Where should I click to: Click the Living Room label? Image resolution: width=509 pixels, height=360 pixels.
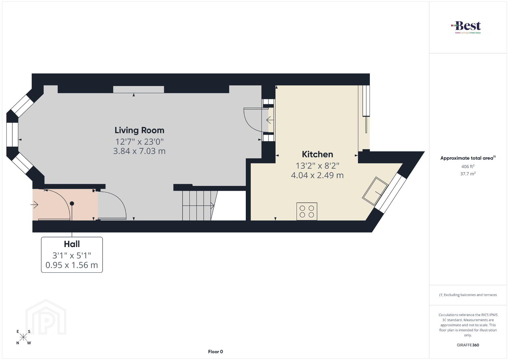139,130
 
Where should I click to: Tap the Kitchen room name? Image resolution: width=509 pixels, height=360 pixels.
318,154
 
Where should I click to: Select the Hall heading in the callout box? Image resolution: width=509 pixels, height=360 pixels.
72,244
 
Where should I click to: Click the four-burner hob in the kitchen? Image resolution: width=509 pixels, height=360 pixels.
307,211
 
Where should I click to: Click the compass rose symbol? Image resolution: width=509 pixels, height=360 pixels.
23,337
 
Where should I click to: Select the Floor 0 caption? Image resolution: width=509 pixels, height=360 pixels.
215,352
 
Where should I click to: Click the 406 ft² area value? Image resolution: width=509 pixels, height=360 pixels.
468,166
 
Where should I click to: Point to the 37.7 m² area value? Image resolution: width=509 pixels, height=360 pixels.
468,174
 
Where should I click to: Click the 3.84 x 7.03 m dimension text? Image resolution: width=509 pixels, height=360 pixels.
139,151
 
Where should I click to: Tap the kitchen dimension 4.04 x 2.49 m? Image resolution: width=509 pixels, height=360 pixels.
317,175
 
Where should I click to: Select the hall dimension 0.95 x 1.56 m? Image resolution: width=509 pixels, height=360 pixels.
72,265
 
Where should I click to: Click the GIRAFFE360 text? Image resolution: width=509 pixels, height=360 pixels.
468,345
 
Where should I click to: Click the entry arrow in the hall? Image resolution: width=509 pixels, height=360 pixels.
34,205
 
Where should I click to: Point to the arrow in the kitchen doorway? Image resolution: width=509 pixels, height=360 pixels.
270,120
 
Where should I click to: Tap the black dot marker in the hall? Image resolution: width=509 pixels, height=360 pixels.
72,204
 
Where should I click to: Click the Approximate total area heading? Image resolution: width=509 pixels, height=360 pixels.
468,158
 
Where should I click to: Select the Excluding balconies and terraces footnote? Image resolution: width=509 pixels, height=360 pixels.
468,295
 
